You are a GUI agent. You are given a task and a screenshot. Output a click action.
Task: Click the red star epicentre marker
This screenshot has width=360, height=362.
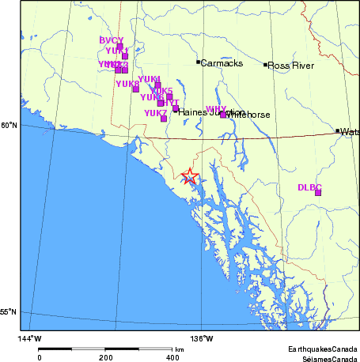point(189,176)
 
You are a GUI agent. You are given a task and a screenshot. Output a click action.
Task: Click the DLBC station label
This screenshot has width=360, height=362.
point(309,187)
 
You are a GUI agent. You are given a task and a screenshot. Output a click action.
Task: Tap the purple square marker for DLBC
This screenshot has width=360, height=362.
point(318,192)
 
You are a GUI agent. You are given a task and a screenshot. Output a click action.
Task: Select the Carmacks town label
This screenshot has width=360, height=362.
point(222,62)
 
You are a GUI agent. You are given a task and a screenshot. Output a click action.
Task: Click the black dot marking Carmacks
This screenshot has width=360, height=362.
point(198,62)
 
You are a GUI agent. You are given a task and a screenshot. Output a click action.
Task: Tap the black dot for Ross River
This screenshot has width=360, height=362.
point(265,65)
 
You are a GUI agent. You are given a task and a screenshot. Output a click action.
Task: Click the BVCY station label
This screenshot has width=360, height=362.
point(112,40)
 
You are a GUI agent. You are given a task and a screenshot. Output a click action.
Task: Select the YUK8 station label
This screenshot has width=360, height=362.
point(127,83)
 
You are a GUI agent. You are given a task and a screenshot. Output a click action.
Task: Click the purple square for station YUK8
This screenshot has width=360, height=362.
point(135,89)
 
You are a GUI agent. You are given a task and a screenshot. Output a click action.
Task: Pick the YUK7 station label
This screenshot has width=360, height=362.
point(155,113)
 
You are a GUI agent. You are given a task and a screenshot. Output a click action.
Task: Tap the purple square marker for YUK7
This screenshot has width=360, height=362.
point(164,119)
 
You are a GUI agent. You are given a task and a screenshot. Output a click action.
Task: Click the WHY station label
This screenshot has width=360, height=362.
point(215,109)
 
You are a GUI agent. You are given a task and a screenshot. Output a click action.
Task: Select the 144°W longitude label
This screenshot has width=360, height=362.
point(30,339)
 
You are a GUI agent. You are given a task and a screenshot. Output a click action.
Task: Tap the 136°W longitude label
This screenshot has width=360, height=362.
point(201,339)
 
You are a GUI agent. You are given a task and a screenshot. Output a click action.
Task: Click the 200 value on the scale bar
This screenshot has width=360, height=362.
point(106,357)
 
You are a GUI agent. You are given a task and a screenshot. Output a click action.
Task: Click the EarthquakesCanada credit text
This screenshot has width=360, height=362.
point(322,349)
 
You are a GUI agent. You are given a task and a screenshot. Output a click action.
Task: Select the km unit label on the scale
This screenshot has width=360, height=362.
point(180,349)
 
